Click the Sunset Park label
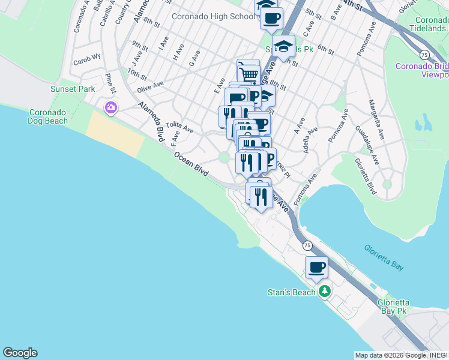pos(73,89)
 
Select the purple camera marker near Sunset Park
pos(110,108)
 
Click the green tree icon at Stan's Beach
pos(325,292)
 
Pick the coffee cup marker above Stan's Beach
pos(316,267)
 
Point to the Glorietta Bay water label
pos(384,256)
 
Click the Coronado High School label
pos(213,16)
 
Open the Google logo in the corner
pos(20,353)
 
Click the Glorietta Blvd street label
pos(365,176)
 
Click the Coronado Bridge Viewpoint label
pos(422,71)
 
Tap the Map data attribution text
pos(401,355)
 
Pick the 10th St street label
pos(137,76)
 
